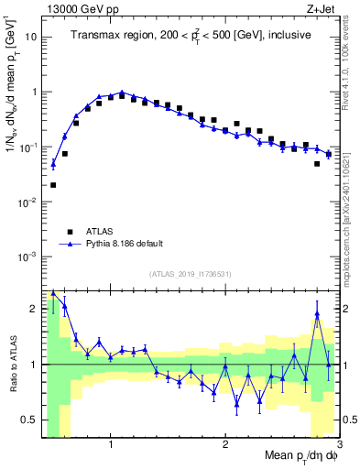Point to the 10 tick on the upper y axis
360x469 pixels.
pyautogui.click(x=32, y=38)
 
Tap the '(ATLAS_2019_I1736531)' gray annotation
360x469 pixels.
pyautogui.click(x=190, y=274)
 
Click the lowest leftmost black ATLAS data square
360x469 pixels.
pyautogui.click(x=53, y=185)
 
